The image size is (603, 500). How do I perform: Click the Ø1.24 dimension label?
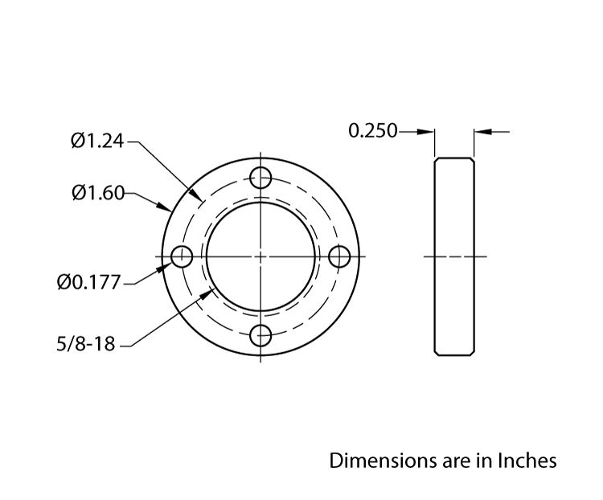tap(97, 141)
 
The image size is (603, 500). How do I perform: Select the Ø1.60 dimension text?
tap(97, 193)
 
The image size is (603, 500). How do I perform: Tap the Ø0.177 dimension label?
tap(89, 283)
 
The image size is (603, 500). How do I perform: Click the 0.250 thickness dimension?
tap(372, 130)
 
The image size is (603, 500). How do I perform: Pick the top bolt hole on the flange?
tap(261, 178)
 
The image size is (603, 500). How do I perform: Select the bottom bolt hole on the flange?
tap(261, 336)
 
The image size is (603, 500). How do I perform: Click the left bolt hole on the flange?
tap(183, 257)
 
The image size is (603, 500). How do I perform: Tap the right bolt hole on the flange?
tap(340, 257)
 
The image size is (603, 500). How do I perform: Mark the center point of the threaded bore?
tap(261, 257)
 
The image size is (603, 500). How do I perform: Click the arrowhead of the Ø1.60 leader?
tap(164, 209)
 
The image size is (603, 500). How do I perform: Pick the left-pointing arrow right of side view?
tap(481, 130)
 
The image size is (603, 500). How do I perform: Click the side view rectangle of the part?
tap(454, 257)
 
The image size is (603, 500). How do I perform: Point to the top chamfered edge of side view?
tap(454, 158)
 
